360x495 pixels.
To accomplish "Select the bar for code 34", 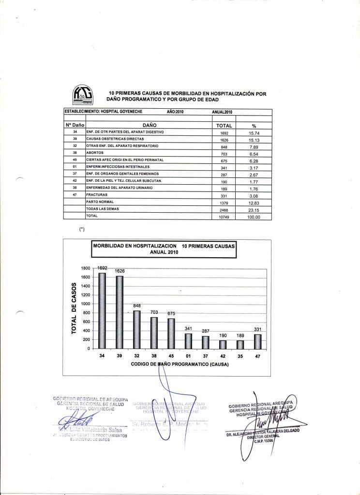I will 102,310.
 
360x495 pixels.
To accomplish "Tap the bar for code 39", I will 120,312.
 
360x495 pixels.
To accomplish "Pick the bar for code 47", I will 258,341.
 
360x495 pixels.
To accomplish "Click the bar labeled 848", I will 137,329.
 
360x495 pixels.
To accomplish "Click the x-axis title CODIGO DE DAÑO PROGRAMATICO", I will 180,364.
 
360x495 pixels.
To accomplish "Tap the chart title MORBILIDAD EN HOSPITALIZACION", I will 164,249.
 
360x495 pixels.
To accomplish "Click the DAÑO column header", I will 149,125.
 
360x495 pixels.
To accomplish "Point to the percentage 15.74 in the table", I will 254,132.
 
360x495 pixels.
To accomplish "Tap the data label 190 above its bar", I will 223,335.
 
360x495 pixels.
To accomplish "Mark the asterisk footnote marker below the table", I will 82,229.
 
